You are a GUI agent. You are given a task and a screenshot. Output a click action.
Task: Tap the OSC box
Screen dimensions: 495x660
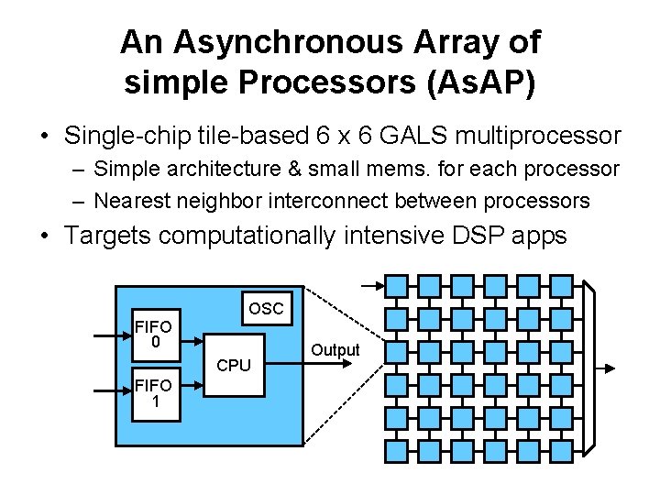pyautogui.click(x=266, y=309)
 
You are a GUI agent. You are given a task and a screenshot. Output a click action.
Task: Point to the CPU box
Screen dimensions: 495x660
pyautogui.click(x=234, y=364)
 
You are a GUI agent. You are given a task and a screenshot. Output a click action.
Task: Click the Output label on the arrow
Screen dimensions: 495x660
pyautogui.click(x=335, y=350)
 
